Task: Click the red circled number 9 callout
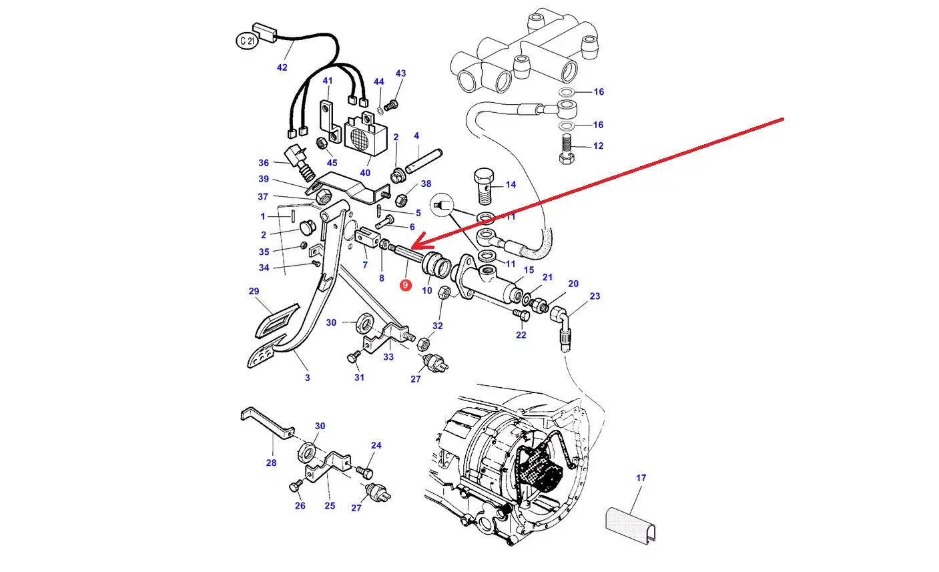(x=405, y=286)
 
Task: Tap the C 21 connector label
(x=246, y=41)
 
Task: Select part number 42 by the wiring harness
(x=282, y=67)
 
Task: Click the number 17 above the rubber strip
(x=641, y=478)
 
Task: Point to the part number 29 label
(x=254, y=291)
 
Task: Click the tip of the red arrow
(x=409, y=248)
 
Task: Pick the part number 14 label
(x=511, y=185)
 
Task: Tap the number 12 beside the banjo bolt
(x=598, y=146)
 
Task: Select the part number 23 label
(x=595, y=296)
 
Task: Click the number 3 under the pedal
(x=307, y=378)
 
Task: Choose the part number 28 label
(x=271, y=463)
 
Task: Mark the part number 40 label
(x=365, y=173)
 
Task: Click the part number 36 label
(x=264, y=163)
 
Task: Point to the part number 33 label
(x=388, y=357)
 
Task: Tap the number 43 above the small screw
(x=400, y=73)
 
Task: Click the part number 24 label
(x=376, y=445)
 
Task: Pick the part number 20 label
(x=573, y=284)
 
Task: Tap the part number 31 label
(x=360, y=378)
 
